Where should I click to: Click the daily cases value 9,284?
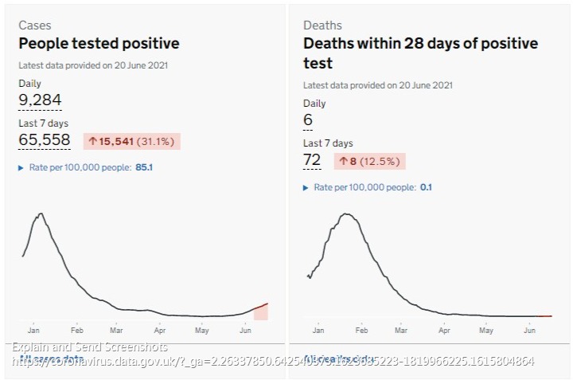click(x=40, y=100)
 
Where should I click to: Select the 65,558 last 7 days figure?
click(x=45, y=140)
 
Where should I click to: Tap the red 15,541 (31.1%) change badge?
click(x=131, y=141)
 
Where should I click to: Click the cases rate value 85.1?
click(x=144, y=168)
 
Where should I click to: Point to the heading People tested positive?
click(x=99, y=43)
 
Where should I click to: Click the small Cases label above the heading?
click(x=35, y=25)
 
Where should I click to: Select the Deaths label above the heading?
click(x=322, y=25)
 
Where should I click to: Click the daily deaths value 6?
click(x=308, y=120)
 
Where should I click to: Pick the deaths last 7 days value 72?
click(x=312, y=160)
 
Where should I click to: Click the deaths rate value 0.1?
click(x=426, y=187)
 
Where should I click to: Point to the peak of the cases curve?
click(x=40, y=214)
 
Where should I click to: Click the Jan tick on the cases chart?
click(x=33, y=329)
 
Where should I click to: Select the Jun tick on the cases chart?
click(x=246, y=329)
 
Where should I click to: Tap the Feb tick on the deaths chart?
click(x=361, y=329)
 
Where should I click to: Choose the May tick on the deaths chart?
click(x=485, y=329)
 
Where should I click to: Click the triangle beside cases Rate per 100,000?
click(x=21, y=168)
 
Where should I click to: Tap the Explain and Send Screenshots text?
click(x=90, y=347)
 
